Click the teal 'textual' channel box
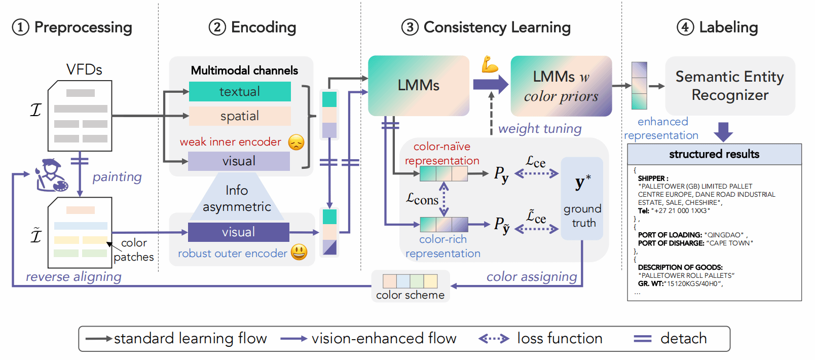point(240,92)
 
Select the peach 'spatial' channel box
point(240,116)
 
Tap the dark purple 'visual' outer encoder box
point(238,232)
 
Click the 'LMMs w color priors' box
point(561,86)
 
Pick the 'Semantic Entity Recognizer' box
point(730,86)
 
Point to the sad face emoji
point(296,142)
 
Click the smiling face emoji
point(299,252)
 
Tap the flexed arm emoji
point(490,64)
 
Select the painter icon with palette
point(51,175)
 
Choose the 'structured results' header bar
point(714,154)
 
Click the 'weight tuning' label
point(540,129)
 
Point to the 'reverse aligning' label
point(73,277)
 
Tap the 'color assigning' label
point(532,277)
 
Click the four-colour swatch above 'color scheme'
point(410,281)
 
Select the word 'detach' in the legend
point(683,339)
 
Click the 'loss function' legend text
point(560,339)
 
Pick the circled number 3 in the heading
point(410,27)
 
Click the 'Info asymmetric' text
point(237,198)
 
